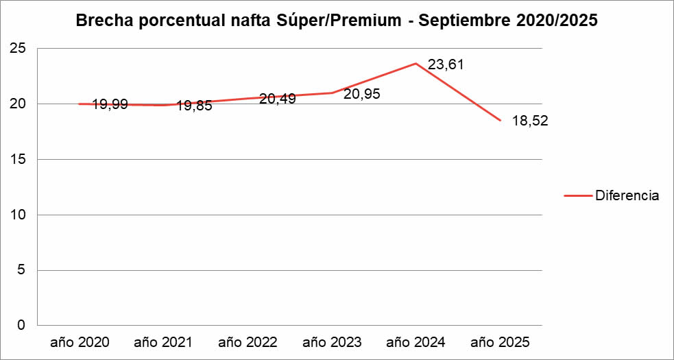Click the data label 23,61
coord(446,65)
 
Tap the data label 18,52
coord(530,121)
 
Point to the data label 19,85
coord(194,106)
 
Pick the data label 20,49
coord(278,99)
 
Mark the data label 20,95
coord(362,95)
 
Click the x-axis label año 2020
coord(79,341)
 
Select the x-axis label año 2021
coord(163,341)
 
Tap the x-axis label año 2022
coord(247,341)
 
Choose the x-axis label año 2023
coord(331,341)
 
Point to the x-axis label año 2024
coord(416,341)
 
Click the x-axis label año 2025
coord(500,341)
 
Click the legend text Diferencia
coord(627,195)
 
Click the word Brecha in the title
coord(104,21)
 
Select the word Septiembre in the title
coord(468,21)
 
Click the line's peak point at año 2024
coord(416,64)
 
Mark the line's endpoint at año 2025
coord(500,120)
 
